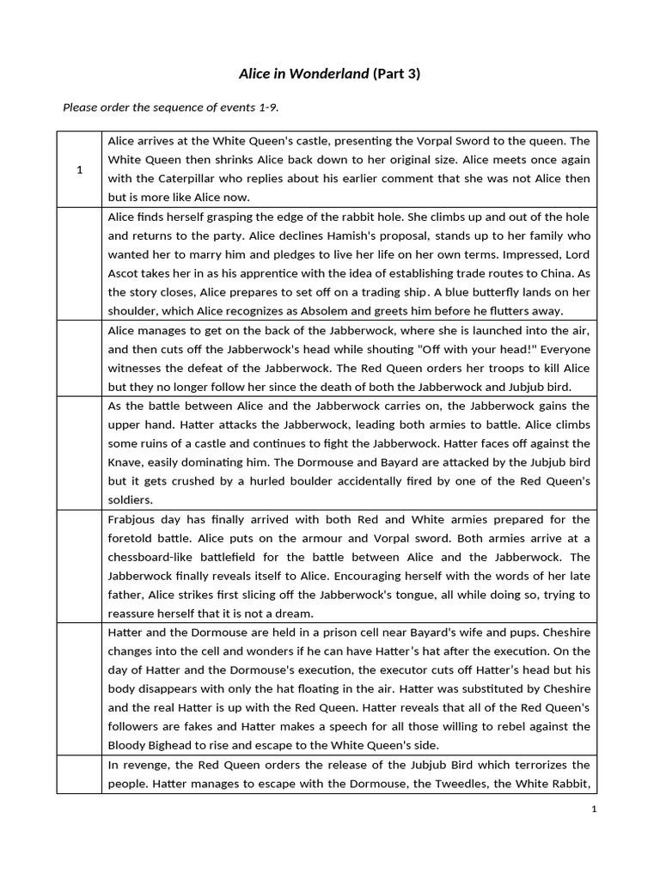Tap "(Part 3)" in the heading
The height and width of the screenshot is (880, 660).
pyautogui.click(x=396, y=74)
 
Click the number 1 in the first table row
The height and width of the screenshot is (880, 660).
pyautogui.click(x=79, y=170)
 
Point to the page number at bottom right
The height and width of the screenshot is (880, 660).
pyautogui.click(x=593, y=810)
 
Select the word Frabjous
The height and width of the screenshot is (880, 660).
pyautogui.click(x=133, y=519)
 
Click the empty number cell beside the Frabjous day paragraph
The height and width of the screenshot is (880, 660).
pyautogui.click(x=79, y=565)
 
